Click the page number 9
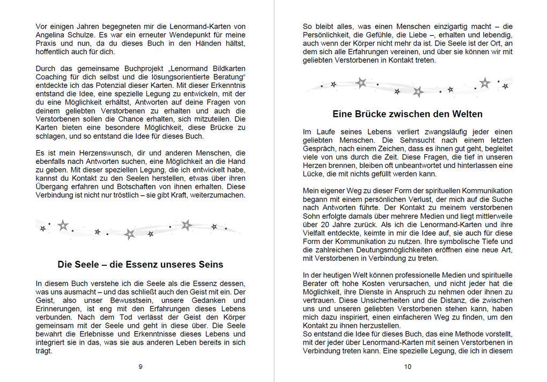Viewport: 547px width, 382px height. (141, 367)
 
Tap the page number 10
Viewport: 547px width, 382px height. (408, 367)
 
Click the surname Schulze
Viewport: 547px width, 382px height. (81, 35)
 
